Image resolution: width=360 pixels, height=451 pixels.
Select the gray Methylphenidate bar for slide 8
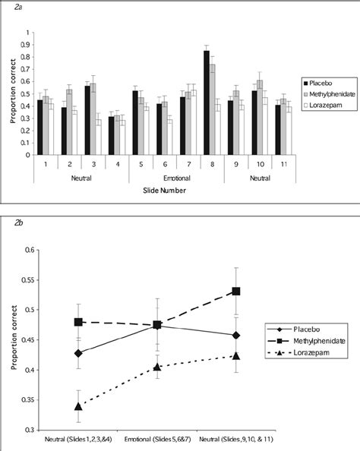click(213, 109)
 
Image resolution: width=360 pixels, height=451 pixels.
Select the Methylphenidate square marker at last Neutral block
click(237, 291)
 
